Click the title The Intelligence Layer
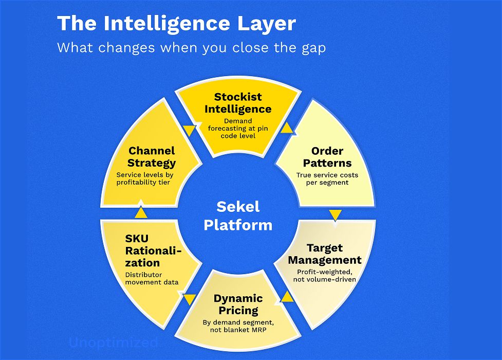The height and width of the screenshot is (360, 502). click(x=176, y=24)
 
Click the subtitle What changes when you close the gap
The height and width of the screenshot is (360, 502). click(x=191, y=48)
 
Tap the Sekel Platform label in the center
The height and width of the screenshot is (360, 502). click(x=238, y=216)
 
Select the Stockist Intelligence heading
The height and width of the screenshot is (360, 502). click(x=238, y=103)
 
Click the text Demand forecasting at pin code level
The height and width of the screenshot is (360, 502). click(x=238, y=129)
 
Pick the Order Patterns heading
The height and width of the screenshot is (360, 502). click(x=327, y=157)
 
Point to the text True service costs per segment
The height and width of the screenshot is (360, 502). click(x=327, y=178)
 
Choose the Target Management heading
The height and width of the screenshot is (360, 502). click(x=325, y=254)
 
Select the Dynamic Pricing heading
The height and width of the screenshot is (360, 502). click(x=238, y=304)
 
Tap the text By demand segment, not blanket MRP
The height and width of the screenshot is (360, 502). click(x=238, y=327)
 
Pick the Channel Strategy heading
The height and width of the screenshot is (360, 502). click(x=152, y=157)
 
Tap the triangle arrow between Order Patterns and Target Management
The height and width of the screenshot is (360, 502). click(x=335, y=214)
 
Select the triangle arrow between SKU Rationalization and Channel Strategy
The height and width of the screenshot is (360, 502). click(x=141, y=212)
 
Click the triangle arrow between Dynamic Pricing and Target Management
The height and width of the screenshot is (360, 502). click(x=287, y=296)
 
